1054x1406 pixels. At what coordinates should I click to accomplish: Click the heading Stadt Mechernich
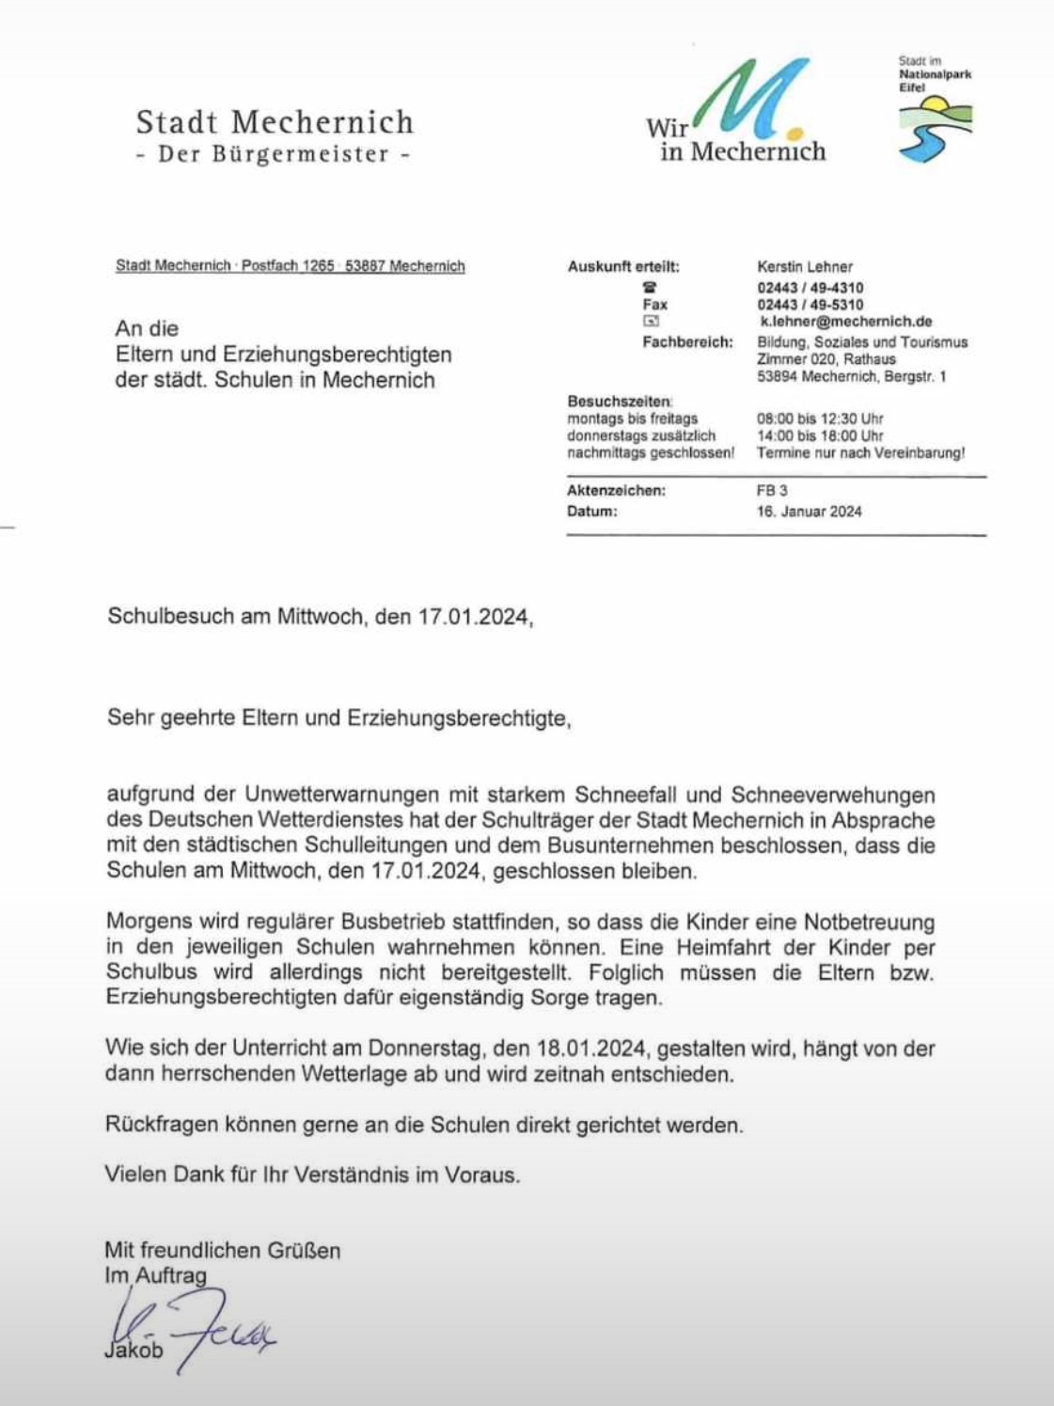click(275, 122)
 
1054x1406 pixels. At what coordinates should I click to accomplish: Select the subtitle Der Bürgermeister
click(274, 154)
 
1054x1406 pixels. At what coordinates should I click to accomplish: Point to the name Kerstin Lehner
click(805, 267)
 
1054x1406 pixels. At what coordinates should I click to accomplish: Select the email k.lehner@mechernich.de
click(845, 322)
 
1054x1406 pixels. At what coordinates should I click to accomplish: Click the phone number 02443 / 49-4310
click(810, 288)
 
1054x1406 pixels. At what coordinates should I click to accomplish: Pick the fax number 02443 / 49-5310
click(810, 305)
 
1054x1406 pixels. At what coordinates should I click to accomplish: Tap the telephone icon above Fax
click(650, 288)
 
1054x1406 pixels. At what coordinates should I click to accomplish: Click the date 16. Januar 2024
click(809, 512)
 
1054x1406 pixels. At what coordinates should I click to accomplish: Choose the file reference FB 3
click(772, 491)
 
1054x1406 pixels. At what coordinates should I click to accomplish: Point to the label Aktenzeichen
click(616, 491)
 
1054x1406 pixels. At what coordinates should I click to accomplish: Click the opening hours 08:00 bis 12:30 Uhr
click(820, 419)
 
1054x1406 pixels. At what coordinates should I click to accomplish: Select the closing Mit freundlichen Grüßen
click(223, 1250)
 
